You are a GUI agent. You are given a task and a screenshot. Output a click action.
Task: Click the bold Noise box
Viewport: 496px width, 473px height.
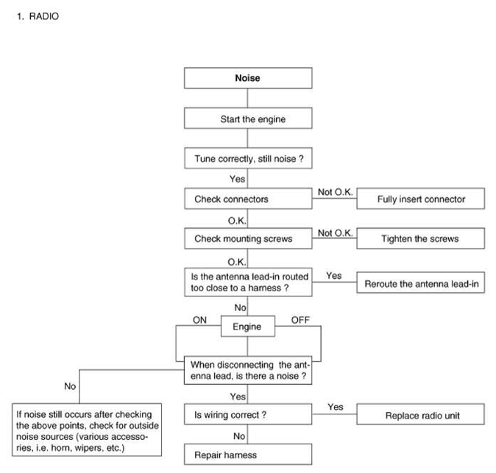(x=248, y=78)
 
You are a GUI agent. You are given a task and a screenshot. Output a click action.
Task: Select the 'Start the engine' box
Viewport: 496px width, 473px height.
(x=248, y=118)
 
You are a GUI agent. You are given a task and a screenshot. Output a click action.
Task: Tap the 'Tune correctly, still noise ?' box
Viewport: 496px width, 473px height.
(x=248, y=158)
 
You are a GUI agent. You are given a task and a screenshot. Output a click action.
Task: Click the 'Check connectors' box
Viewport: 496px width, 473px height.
(x=248, y=199)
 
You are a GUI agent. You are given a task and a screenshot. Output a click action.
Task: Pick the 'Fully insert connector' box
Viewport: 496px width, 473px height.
(x=421, y=199)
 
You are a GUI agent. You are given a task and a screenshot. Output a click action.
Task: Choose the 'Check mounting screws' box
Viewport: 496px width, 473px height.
(x=248, y=238)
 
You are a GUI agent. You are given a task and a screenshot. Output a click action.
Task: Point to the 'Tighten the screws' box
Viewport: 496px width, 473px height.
(x=421, y=238)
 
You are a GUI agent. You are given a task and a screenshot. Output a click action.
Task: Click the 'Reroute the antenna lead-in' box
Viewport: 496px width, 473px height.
(x=421, y=282)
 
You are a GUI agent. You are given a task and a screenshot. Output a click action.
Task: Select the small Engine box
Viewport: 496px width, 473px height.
(x=248, y=326)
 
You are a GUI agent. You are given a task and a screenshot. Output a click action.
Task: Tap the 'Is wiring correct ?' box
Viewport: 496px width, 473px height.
(x=248, y=414)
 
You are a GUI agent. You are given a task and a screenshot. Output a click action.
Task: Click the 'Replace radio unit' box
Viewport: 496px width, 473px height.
(x=420, y=414)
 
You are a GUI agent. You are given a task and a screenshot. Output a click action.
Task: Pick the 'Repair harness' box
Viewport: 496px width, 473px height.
(x=248, y=455)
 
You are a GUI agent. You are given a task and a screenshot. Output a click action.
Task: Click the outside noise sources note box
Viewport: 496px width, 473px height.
(x=87, y=430)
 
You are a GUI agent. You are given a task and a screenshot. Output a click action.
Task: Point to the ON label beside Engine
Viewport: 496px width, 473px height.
(x=199, y=320)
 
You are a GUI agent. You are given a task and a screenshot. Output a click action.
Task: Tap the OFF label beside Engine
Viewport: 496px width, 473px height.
(x=300, y=320)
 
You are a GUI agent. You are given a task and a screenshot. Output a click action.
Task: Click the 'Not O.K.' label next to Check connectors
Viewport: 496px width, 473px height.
(x=335, y=192)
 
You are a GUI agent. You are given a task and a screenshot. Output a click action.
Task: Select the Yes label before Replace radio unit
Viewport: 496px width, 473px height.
(x=336, y=407)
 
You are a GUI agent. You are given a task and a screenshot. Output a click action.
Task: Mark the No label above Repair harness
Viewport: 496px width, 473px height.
(x=239, y=436)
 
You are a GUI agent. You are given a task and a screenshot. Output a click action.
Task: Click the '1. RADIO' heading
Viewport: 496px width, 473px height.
(x=38, y=16)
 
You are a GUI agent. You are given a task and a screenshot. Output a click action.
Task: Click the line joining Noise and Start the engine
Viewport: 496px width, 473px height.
(x=247, y=98)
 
